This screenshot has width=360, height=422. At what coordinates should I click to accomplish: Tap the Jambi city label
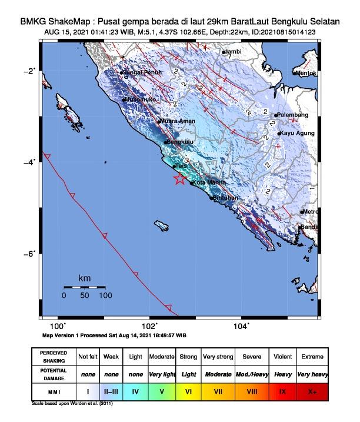coord(234,52)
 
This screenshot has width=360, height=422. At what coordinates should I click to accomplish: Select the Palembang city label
coord(291,115)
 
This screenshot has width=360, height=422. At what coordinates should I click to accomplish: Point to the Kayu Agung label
coord(295,134)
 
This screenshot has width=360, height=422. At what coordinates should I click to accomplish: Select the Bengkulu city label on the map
coord(181,142)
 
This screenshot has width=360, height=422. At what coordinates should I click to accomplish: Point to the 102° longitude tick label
coord(149,325)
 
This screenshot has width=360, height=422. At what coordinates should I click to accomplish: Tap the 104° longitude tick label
coord(241,325)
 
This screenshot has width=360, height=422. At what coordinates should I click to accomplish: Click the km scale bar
coord(84,287)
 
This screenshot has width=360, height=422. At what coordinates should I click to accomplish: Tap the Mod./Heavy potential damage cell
coord(250,374)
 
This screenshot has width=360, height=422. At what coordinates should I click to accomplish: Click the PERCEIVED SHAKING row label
coord(54,357)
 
